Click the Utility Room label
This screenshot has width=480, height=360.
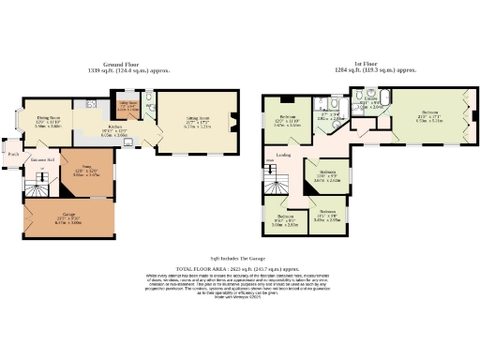(x=127, y=104)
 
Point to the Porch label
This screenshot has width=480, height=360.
(x=13, y=154)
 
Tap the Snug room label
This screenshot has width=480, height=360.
(x=91, y=169)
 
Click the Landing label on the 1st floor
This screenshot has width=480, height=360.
(x=282, y=155)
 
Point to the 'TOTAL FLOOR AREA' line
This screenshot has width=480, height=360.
(x=239, y=269)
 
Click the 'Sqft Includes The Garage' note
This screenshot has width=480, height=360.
(x=239, y=255)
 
